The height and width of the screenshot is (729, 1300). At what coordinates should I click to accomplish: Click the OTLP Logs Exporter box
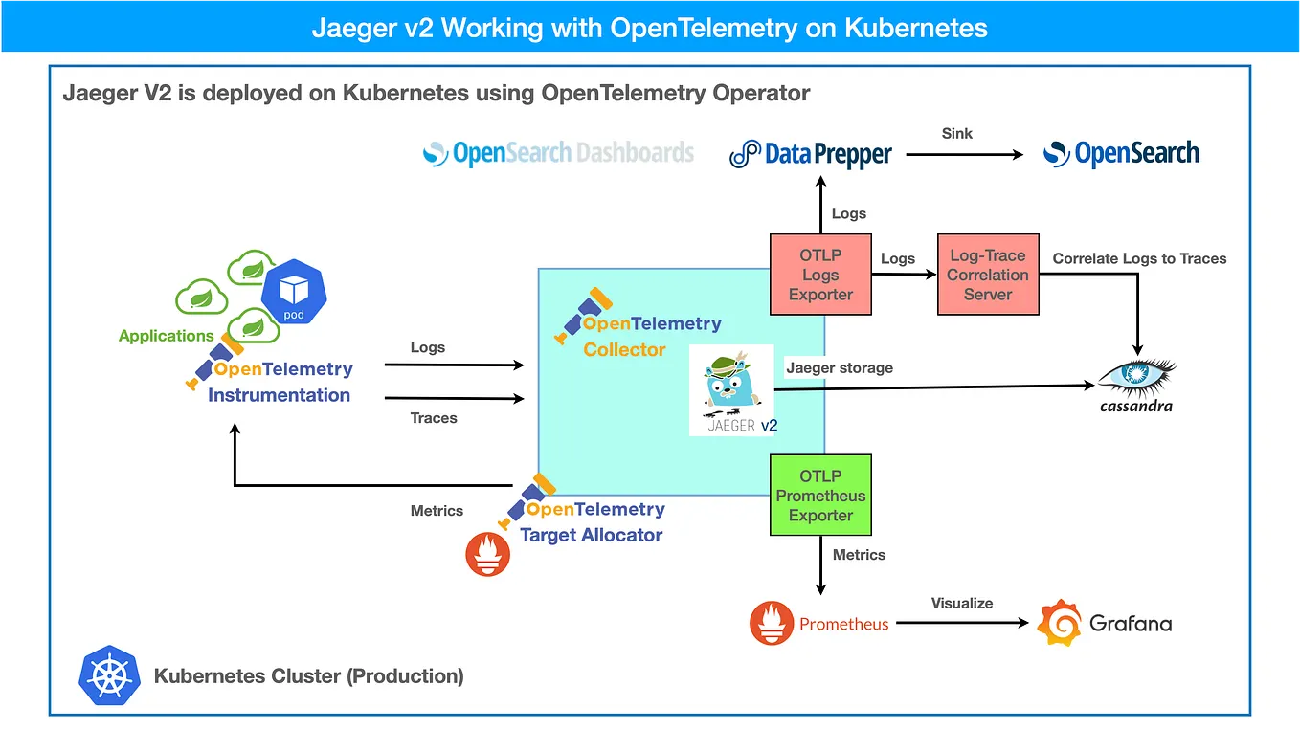[820, 275]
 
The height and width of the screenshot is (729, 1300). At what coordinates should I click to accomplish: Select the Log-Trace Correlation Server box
[987, 275]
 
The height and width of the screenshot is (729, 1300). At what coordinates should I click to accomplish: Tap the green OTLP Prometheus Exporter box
[820, 496]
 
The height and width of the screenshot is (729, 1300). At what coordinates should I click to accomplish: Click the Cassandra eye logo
[1136, 377]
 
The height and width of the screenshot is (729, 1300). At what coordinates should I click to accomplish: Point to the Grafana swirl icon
[1060, 624]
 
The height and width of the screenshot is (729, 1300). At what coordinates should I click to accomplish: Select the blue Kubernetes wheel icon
[110, 675]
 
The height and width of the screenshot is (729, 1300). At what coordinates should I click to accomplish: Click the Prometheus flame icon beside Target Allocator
[487, 555]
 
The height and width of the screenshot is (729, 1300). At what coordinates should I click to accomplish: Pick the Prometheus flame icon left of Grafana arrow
[772, 624]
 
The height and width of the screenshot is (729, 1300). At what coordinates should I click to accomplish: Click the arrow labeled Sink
[964, 154]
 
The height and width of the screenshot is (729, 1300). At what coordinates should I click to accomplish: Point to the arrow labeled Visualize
[962, 624]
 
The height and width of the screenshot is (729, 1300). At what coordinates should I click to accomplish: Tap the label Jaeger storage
[839, 367]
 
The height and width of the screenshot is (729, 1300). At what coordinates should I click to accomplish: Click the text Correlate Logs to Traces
[1139, 258]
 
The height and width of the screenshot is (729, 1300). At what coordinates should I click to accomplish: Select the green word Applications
[166, 336]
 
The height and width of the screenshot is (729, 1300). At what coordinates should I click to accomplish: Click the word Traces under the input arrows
[434, 418]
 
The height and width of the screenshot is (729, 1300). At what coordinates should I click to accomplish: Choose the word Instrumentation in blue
[279, 395]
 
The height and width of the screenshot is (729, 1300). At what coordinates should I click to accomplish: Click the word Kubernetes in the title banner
[915, 27]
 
